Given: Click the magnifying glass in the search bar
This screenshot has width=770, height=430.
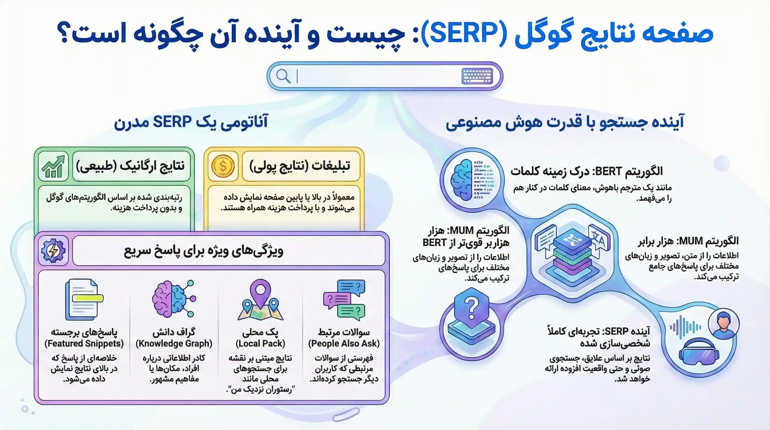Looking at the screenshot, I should tap(283, 76).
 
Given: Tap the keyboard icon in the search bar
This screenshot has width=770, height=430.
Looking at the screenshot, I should tap(477, 76).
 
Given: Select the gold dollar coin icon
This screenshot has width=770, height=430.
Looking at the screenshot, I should tap(223, 166).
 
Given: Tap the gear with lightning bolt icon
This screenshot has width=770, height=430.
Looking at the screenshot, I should tap(53, 251).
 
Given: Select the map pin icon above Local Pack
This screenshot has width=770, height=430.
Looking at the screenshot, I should tap(260, 299).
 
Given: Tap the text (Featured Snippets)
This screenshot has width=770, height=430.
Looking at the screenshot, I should tap(84, 343).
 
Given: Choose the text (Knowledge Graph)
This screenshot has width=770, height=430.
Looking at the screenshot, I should tap(174, 343).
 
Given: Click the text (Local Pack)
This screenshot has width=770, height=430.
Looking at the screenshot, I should tap(260, 343).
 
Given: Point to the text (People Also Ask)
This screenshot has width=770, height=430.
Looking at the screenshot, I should tap(344, 343).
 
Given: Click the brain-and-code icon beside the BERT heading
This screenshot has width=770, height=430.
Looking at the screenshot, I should tap(472, 180).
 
